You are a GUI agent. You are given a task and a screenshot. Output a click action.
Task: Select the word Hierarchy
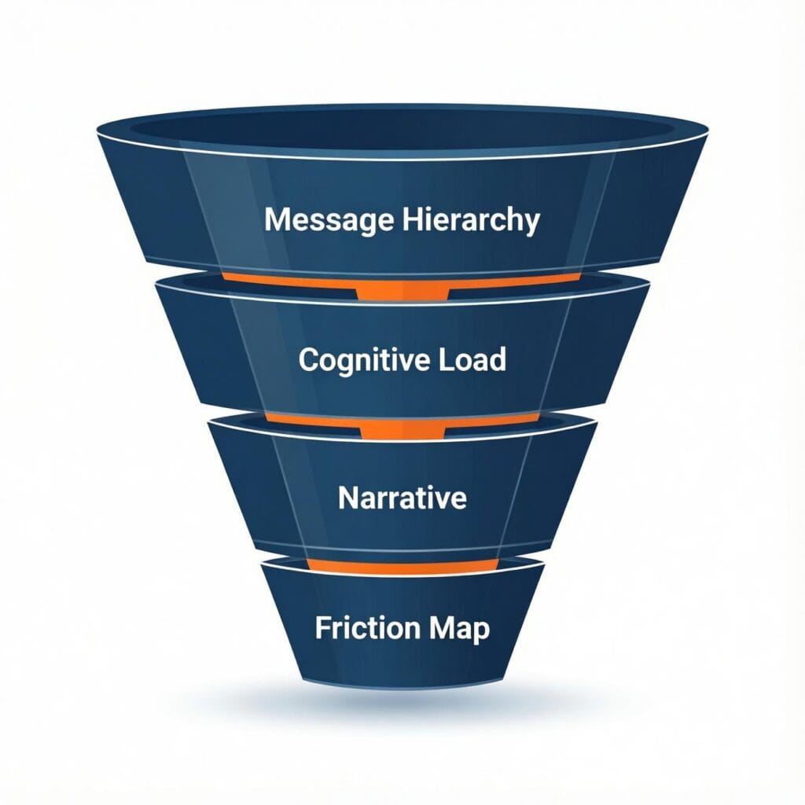[x=471, y=220]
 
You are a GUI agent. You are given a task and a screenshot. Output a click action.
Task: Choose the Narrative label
[x=402, y=498]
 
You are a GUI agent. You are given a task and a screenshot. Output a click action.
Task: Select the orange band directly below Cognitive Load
[x=402, y=425]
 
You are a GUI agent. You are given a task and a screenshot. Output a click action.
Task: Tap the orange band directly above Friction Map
[x=402, y=565]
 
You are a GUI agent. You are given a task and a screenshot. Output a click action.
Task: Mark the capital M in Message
[x=277, y=220]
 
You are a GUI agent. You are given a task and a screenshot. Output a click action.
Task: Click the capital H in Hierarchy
[x=411, y=220]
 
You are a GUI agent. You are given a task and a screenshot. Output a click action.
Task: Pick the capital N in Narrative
[x=347, y=498]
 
